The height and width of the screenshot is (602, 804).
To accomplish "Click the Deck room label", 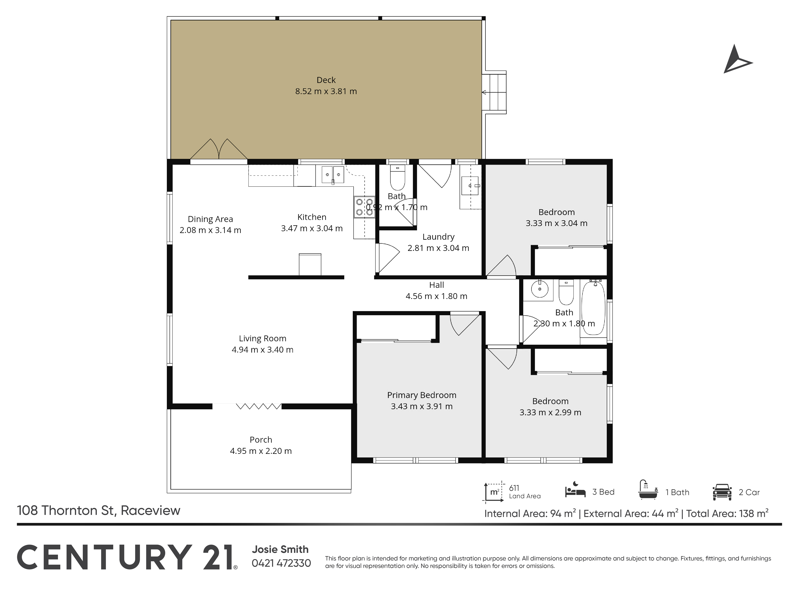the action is point(326,80).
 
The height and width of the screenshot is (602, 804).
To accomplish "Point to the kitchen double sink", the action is point(333,175).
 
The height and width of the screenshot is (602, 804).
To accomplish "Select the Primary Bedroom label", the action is point(422,395).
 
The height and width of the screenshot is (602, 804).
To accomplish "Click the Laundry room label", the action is point(438,237).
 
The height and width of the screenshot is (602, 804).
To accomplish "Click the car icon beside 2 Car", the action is point(722,492).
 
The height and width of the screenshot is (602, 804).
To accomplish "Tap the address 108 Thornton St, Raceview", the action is point(98,510).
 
